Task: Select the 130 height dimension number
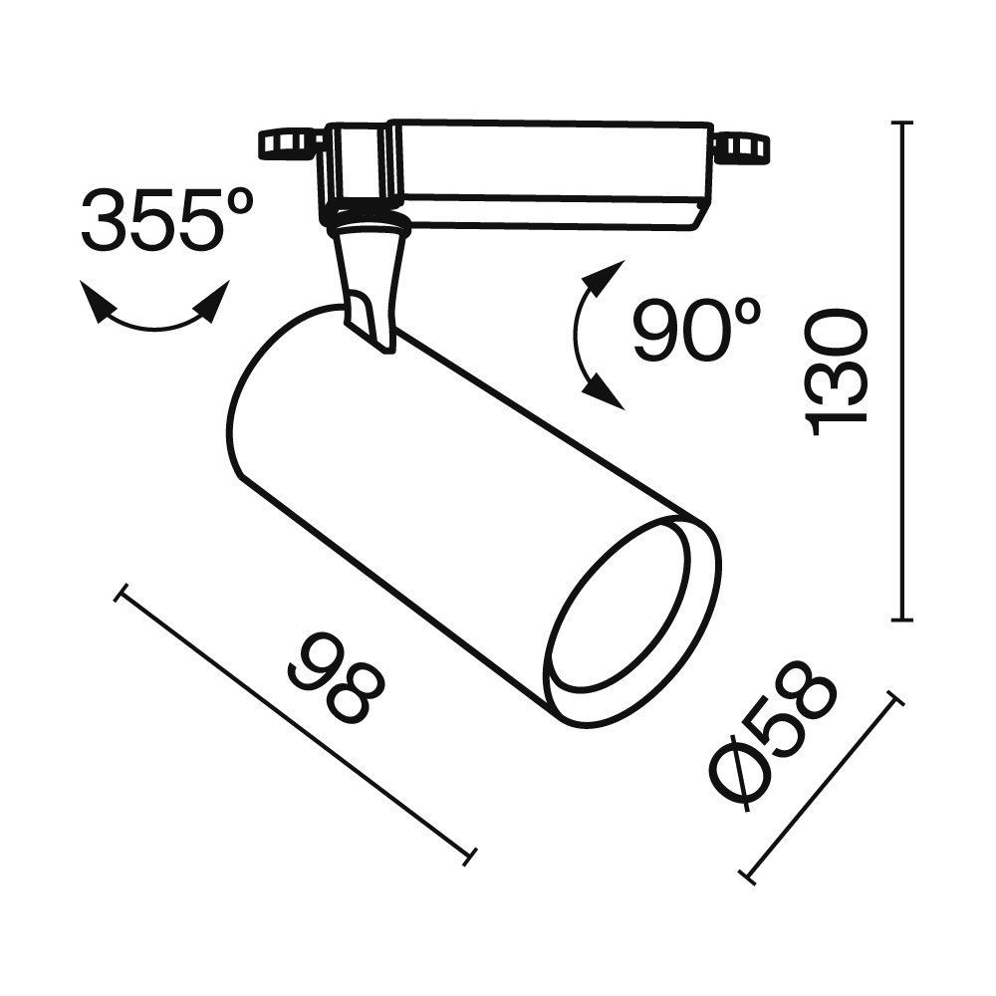click(x=837, y=373)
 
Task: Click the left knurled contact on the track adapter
click(x=289, y=143)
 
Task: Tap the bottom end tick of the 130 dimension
click(x=903, y=620)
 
